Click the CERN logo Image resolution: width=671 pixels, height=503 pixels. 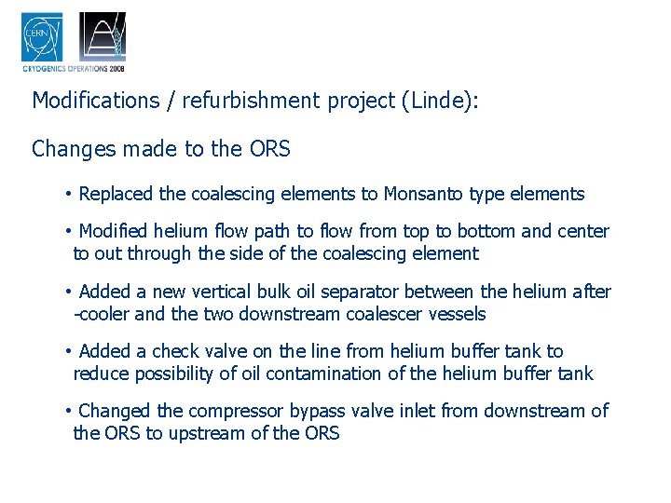tap(42, 37)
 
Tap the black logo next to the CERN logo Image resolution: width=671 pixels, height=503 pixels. tap(103, 37)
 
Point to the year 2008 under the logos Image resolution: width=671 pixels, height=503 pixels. tap(116, 68)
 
